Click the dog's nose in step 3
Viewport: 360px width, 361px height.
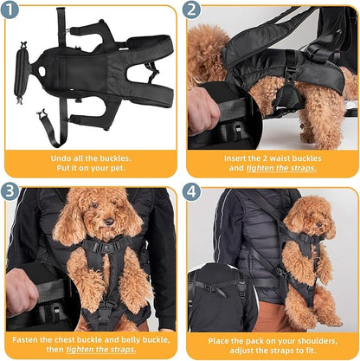point(102,226)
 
